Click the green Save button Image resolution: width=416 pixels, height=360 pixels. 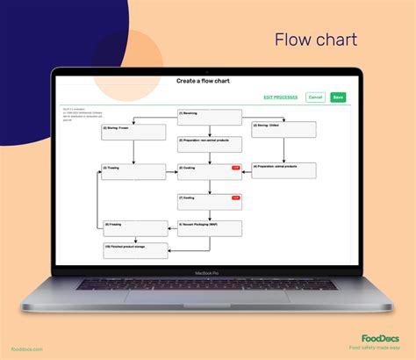[337, 97]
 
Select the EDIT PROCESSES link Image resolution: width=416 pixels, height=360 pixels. [280, 97]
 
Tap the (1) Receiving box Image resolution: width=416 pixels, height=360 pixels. [209, 116]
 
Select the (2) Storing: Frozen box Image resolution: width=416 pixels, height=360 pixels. [133, 131]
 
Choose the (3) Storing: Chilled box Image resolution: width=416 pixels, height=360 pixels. [283, 129]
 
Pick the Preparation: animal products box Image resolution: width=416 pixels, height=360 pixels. [283, 169]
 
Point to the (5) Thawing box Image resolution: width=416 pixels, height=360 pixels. [133, 170]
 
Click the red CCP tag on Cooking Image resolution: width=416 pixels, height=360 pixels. [235, 167]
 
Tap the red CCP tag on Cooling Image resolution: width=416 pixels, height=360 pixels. [235, 198]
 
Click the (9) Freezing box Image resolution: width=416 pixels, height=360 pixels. [134, 228]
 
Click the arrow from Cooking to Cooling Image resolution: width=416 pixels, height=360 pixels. [209, 186]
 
